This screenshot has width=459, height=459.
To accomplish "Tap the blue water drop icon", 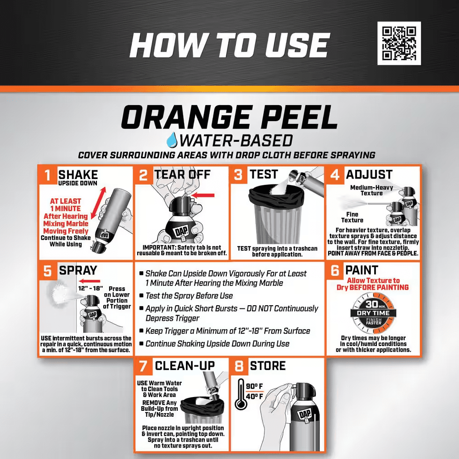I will [x=174, y=140].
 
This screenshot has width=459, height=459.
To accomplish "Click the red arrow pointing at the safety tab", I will [x=204, y=195].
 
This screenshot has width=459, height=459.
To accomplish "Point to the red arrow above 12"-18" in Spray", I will [x=90, y=281].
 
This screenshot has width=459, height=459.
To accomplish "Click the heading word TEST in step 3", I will [x=263, y=174].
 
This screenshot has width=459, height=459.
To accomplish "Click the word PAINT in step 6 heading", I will [x=362, y=270].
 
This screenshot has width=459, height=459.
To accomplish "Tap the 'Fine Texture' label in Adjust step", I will [x=352, y=217].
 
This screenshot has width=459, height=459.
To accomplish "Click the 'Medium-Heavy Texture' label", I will [x=372, y=190].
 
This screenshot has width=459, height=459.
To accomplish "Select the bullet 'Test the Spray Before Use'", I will [x=189, y=296].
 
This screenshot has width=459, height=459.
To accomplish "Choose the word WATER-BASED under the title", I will [x=237, y=140].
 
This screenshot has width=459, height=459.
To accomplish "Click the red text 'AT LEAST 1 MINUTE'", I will [x=66, y=205].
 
